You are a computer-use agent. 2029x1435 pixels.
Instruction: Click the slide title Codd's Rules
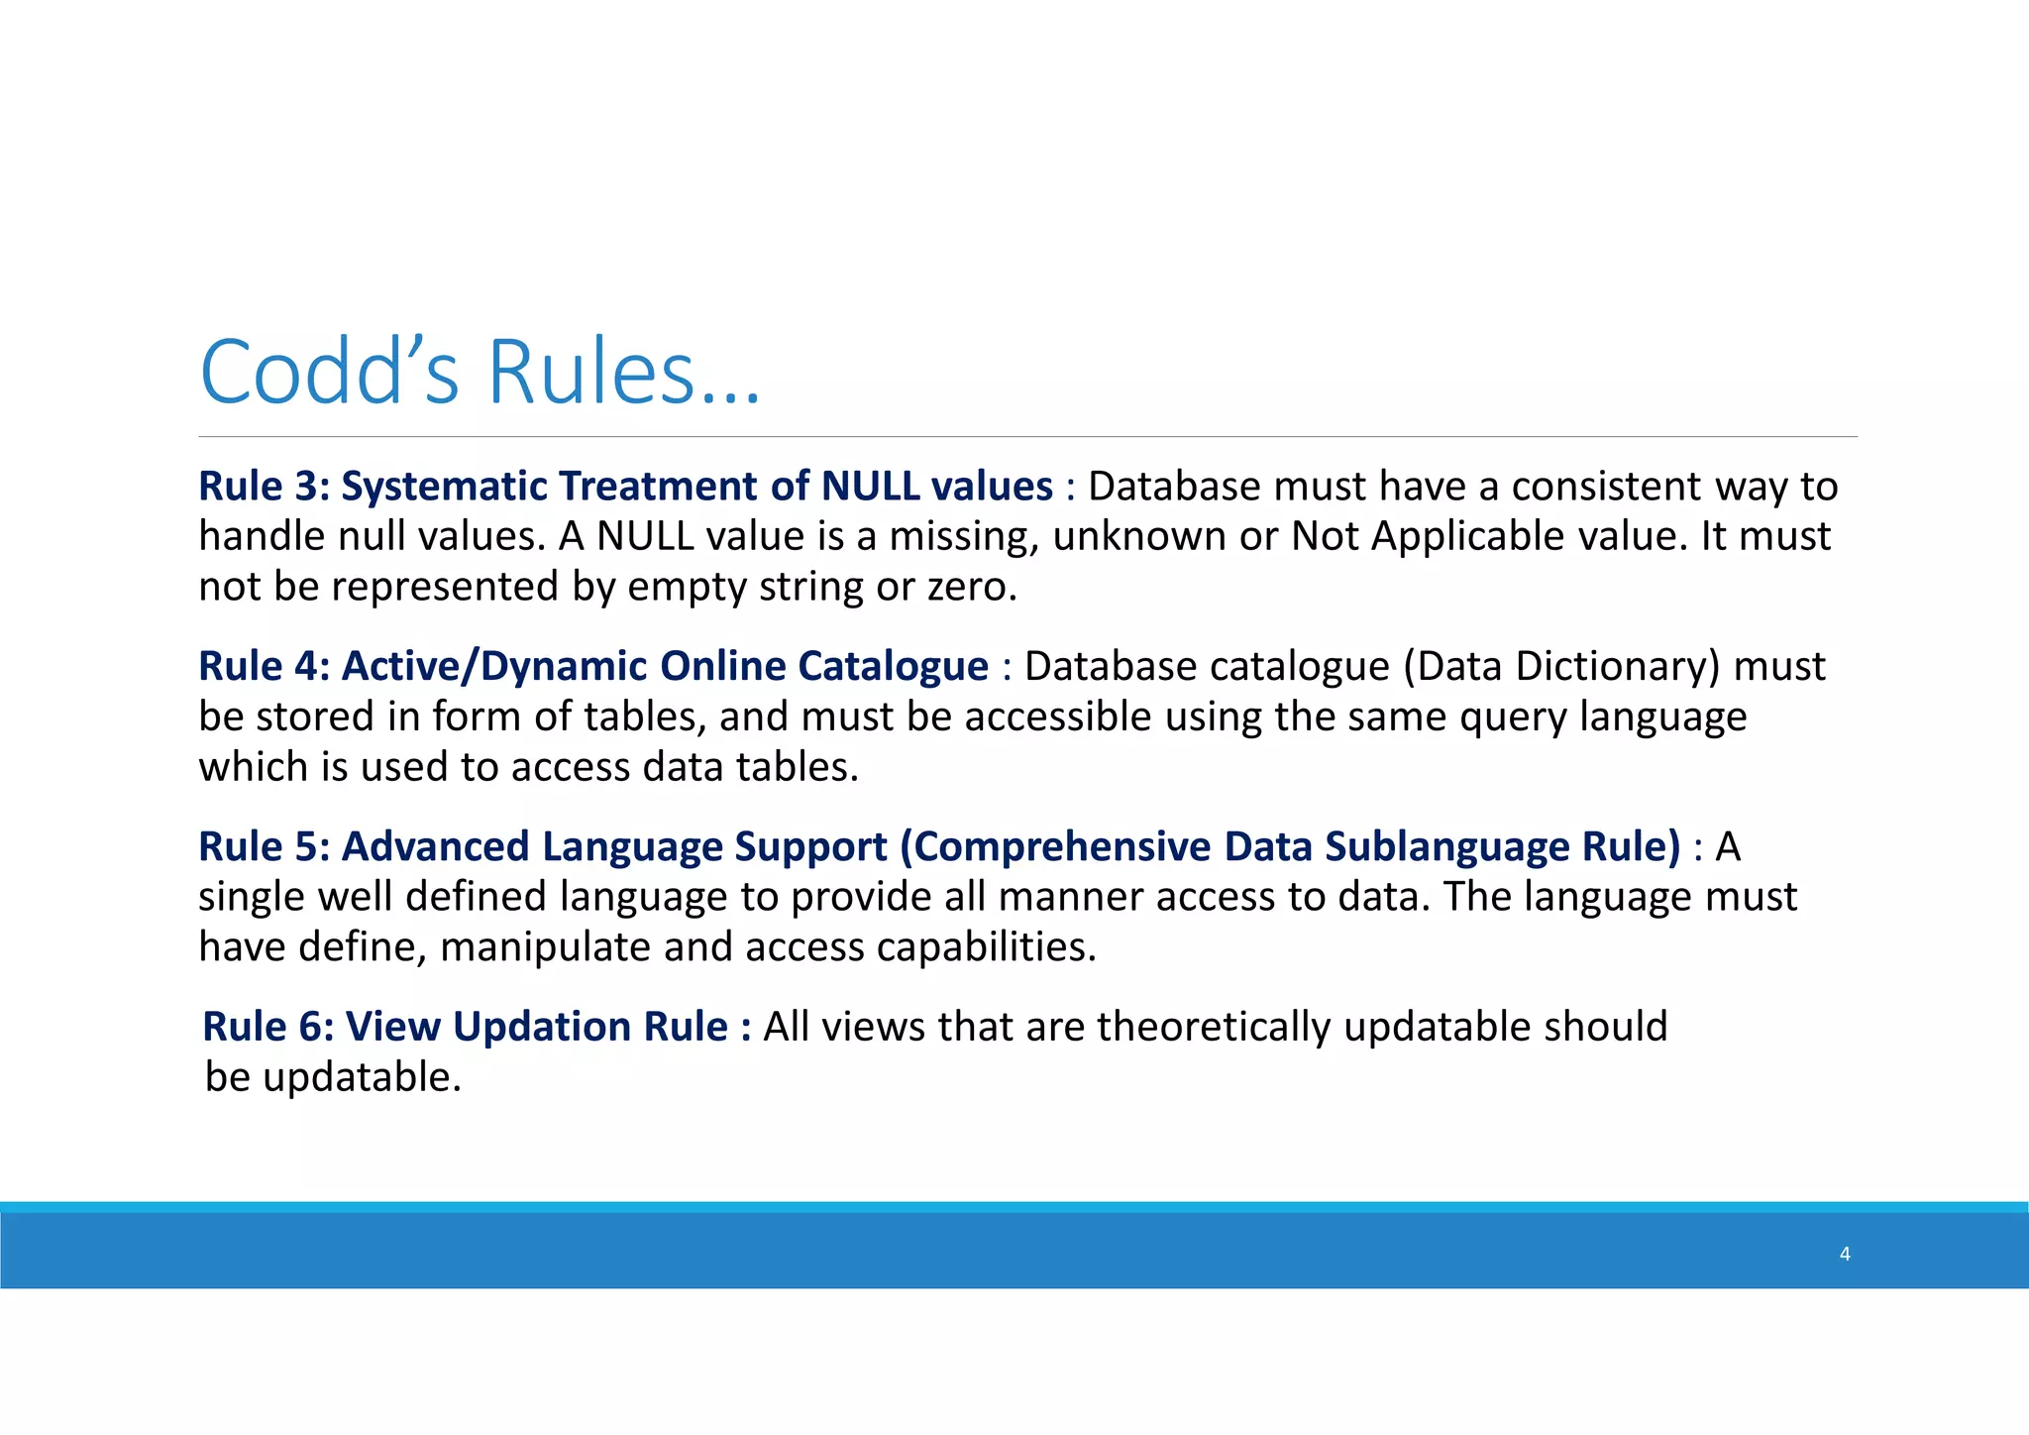pyautogui.click(x=480, y=373)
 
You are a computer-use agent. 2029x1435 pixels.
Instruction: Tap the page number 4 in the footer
pyautogui.click(x=1845, y=1254)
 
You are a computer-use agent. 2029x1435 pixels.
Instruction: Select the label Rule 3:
pyautogui.click(x=264, y=487)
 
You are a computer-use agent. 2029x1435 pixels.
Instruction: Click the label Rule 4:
pyautogui.click(x=264, y=666)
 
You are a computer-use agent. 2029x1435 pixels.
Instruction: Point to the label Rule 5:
pyautogui.click(x=264, y=846)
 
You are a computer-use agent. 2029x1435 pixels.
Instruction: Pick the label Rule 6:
pyautogui.click(x=267, y=1027)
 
